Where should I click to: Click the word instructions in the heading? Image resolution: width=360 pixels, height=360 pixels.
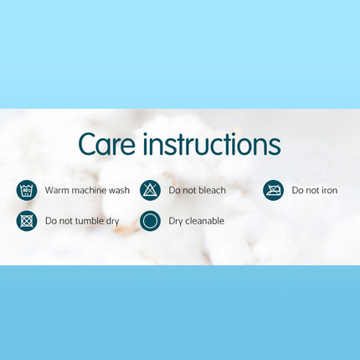tap(212, 144)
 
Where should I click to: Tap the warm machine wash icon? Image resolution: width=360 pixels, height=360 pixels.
tap(27, 190)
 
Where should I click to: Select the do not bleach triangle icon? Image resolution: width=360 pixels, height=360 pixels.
tap(150, 190)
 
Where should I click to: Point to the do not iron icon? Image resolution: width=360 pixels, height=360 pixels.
tap(273, 190)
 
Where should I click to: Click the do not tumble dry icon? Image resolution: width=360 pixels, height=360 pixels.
tap(27, 221)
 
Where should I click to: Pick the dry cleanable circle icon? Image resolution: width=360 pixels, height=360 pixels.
tap(150, 221)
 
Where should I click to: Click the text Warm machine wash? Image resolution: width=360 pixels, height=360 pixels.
tap(87, 191)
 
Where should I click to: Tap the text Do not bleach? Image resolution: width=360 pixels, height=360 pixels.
tap(197, 191)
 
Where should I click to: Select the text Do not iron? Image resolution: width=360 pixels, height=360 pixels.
tap(315, 191)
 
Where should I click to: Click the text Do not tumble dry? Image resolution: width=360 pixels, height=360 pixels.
tap(82, 222)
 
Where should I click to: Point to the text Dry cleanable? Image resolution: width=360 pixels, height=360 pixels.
tap(196, 222)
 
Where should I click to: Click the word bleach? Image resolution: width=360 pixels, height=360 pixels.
tap(211, 191)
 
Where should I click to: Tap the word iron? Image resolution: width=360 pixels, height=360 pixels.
tap(329, 191)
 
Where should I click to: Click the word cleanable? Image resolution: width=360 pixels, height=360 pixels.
tap(204, 222)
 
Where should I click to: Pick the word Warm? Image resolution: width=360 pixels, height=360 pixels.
tap(56, 191)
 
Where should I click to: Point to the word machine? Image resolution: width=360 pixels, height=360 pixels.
tap(90, 191)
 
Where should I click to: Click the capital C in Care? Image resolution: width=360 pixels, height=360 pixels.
tap(89, 144)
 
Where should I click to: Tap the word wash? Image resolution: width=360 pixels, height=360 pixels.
tap(120, 191)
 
